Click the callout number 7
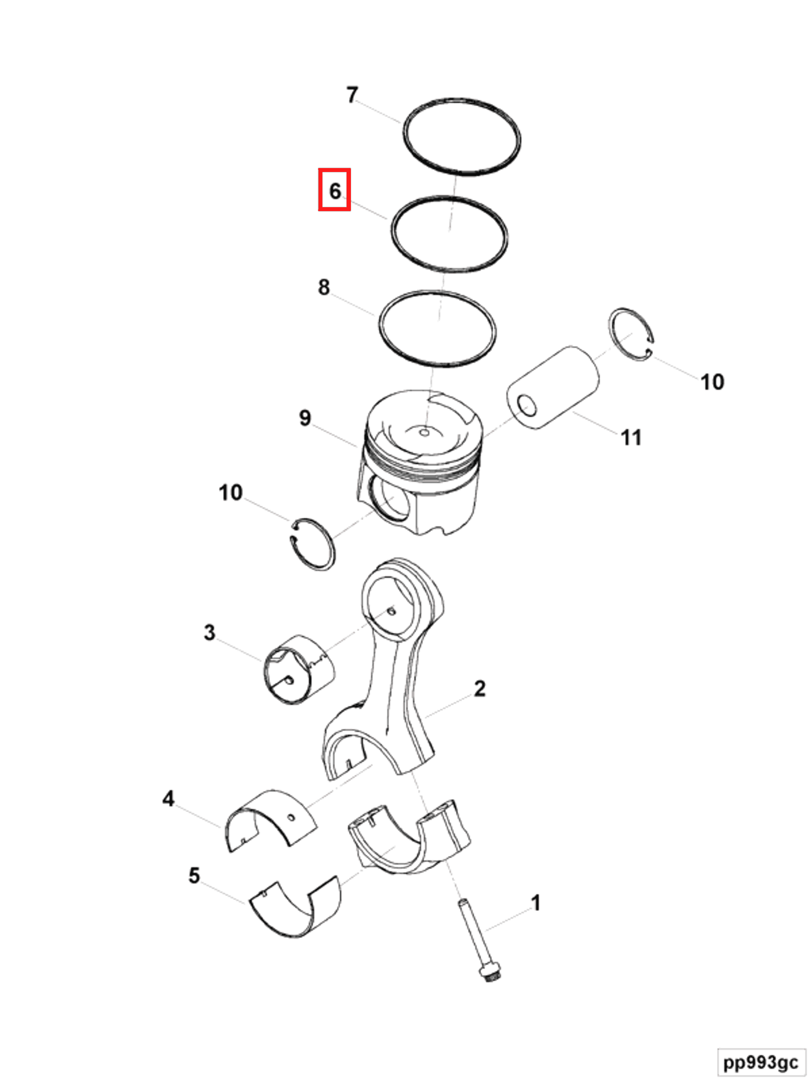[x=352, y=94]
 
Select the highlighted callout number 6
[x=335, y=190]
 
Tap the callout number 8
[x=323, y=286]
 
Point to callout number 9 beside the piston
[x=305, y=417]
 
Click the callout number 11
[x=631, y=437]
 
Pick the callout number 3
[x=209, y=631]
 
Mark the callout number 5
[x=194, y=875]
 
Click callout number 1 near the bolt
[x=536, y=902]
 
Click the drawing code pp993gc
[x=761, y=1062]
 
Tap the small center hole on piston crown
[x=425, y=432]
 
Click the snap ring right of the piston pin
[x=631, y=335]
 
